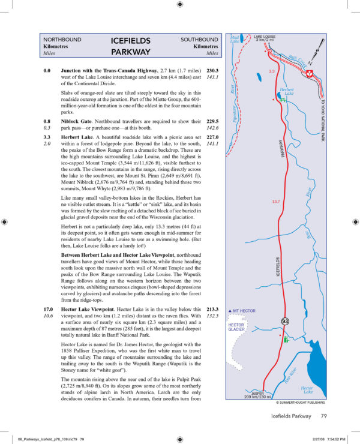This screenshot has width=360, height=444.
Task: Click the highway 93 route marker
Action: tap(286, 322)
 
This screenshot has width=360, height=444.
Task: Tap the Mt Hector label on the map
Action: tap(242, 311)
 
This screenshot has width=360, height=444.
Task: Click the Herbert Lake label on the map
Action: tap(289, 91)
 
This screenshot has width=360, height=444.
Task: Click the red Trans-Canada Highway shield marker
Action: tap(310, 73)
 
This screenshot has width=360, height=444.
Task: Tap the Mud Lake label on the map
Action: tap(235, 40)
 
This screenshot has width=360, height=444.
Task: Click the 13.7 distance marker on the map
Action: tap(276, 201)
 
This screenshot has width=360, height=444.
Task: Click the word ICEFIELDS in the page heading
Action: tap(130, 41)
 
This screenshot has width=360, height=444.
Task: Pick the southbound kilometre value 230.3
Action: tap(211, 70)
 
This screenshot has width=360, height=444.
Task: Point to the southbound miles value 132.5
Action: tap(211, 316)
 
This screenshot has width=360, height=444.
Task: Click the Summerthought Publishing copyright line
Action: tap(297, 403)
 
